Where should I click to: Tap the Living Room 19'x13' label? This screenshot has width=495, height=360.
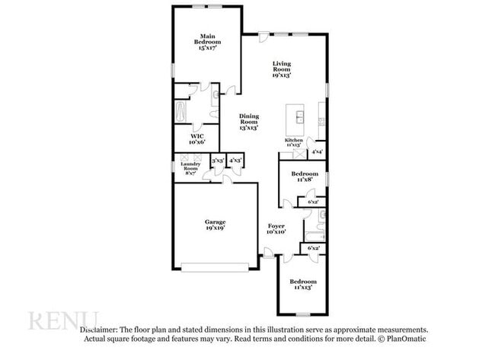point(282,69)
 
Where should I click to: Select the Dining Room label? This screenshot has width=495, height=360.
point(249,122)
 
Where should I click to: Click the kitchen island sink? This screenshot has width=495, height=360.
point(300,116)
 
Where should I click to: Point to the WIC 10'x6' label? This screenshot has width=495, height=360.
point(196,139)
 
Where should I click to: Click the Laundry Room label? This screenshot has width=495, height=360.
point(190,168)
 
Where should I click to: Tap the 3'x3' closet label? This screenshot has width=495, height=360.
point(218,161)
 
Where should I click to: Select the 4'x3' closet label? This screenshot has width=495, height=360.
point(235,161)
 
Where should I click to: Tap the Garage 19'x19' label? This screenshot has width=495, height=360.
point(215,225)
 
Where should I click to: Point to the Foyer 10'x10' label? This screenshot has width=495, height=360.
point(276,229)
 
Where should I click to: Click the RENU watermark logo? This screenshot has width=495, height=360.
point(64,320)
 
